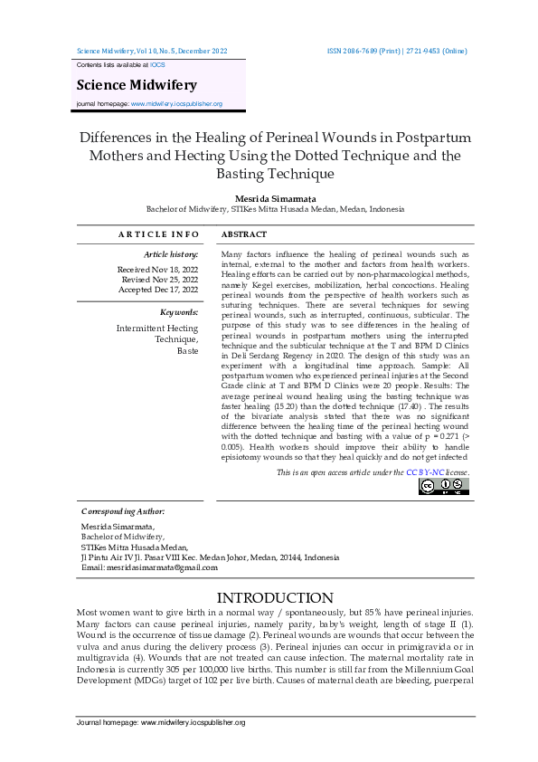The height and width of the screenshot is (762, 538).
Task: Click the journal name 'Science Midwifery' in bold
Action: click(x=136, y=85)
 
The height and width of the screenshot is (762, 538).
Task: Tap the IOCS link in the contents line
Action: click(x=156, y=66)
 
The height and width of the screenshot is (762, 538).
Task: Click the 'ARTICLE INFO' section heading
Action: click(x=158, y=235)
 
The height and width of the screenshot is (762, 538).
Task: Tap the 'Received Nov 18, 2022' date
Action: click(x=157, y=270)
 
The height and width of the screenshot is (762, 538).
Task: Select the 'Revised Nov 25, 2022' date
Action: click(x=159, y=280)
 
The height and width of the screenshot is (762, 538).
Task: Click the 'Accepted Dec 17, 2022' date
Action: click(x=158, y=290)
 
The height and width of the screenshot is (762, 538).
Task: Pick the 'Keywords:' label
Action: click(x=179, y=312)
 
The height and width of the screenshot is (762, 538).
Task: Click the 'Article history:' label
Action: click(x=171, y=255)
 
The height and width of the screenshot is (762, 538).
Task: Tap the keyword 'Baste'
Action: click(x=187, y=350)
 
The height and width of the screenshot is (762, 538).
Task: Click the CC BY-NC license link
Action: click(x=424, y=473)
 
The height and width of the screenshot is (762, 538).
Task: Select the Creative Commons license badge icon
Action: click(x=443, y=487)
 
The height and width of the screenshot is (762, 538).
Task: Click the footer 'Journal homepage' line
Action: click(x=161, y=722)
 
